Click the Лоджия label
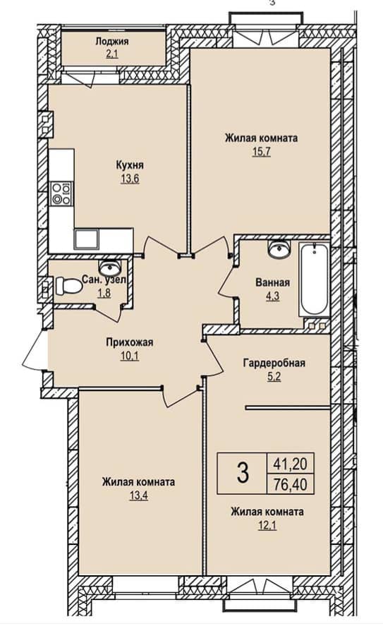coord(112,41)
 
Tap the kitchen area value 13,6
coord(130,179)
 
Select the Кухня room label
coord(130,165)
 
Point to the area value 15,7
coord(262,152)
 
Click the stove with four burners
coord(61,193)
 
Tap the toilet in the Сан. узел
coord(68,286)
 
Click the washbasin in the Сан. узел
coord(110,267)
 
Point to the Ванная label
coord(273,282)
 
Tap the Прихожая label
coord(130,342)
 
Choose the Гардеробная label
coord(274,363)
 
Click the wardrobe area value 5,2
coord(274,377)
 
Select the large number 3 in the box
coord(243,473)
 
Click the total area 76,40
coord(290,484)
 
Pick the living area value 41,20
coord(290,464)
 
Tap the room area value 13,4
coord(138,495)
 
